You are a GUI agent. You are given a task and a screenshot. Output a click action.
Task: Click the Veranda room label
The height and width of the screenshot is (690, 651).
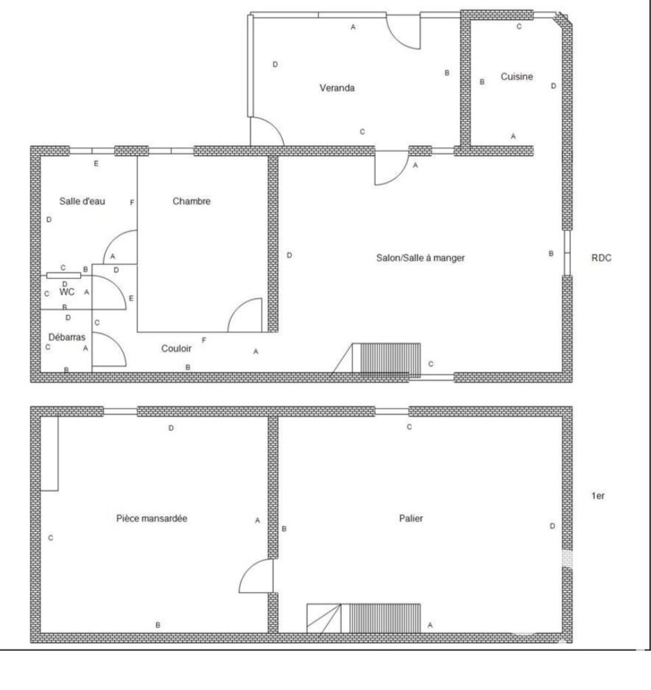337,88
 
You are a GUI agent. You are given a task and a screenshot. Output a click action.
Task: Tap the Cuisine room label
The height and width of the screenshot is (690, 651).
517,77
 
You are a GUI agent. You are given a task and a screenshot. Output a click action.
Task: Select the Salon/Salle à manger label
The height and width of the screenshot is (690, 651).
420,258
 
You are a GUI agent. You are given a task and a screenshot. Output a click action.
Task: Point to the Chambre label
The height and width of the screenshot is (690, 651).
192,201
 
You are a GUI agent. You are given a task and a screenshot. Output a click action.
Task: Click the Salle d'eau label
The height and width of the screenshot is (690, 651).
83,201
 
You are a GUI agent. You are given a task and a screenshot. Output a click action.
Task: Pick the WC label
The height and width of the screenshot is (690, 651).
67,292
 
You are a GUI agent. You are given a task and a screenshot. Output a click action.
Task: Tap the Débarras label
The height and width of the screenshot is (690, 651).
67,337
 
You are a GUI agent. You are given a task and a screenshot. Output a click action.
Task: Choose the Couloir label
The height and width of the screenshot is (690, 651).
177,349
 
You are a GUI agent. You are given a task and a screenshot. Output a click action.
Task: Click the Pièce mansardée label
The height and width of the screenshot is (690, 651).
152,519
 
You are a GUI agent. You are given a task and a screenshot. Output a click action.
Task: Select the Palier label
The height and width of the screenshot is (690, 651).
411,519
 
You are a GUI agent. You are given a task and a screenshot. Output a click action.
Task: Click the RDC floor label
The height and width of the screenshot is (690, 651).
602,258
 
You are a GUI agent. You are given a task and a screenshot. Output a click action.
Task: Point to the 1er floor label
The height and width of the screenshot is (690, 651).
598,496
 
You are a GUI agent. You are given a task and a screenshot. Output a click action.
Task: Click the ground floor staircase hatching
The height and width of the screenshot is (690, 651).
390,359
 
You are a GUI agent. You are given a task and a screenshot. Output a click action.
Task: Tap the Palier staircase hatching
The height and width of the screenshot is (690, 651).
385,618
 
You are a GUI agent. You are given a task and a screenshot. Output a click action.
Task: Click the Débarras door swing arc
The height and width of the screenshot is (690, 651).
116,343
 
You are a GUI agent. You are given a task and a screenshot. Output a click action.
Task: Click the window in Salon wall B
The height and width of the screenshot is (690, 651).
567,253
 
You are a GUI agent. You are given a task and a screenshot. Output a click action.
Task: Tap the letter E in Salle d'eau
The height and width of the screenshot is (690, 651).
96,164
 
